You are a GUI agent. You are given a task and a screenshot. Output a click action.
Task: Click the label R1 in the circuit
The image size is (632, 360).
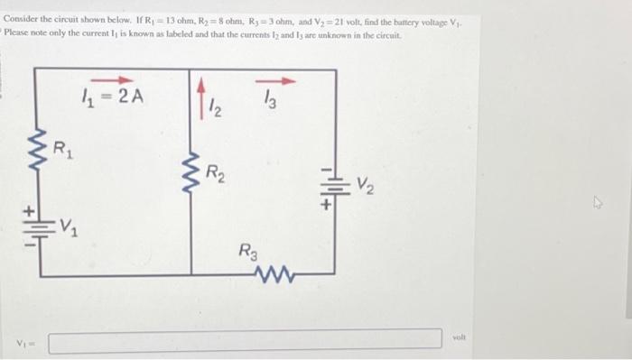[x=62, y=146]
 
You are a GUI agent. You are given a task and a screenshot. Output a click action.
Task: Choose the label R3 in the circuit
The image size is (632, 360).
[x=249, y=249]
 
